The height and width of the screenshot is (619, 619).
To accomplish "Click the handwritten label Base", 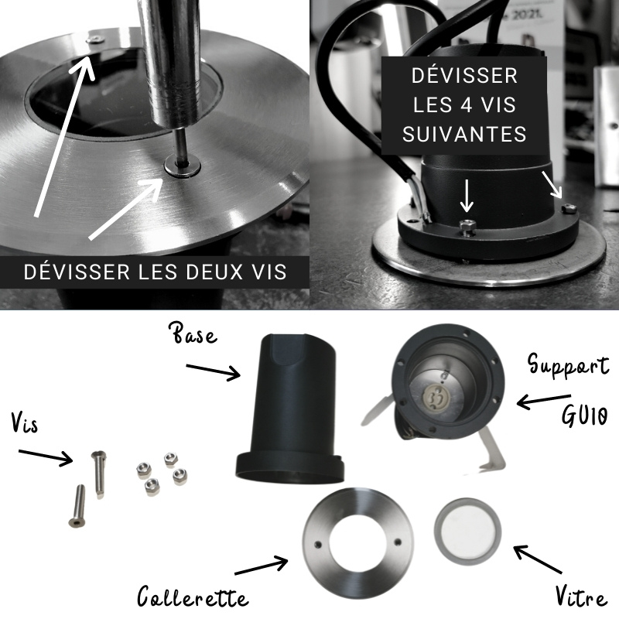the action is pyautogui.click(x=195, y=334).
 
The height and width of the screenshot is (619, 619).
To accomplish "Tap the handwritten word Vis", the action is pyautogui.click(x=25, y=422).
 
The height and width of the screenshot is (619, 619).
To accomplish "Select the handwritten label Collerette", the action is pyautogui.click(x=193, y=596).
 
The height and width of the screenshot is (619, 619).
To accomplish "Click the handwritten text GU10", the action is pyautogui.click(x=584, y=416).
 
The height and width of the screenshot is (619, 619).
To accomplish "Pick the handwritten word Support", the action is pyautogui.click(x=569, y=364).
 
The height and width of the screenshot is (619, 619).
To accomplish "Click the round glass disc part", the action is pyautogui.click(x=467, y=531).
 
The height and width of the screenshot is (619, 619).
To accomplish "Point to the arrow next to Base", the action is pyautogui.click(x=214, y=371).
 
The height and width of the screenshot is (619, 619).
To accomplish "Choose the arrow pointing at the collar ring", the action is pyautogui.click(x=262, y=566).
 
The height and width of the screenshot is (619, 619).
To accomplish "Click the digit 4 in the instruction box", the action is pyautogui.click(x=464, y=104).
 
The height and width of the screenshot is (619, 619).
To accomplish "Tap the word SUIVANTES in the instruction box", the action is pyautogui.click(x=464, y=134).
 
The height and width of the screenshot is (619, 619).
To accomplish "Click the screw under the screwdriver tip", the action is pyautogui.click(x=183, y=166).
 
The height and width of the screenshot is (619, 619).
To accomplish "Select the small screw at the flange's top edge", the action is pyautogui.click(x=95, y=39).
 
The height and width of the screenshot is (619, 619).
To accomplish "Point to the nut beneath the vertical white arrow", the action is pyautogui.click(x=467, y=226).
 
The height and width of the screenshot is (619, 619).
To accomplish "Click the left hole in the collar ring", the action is pyautogui.click(x=318, y=545).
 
